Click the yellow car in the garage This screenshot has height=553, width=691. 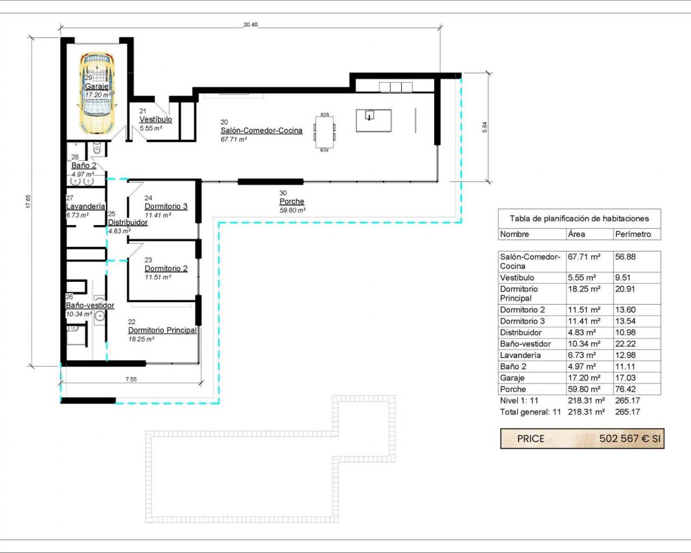coord(97,93)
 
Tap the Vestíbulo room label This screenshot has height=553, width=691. coord(155,119)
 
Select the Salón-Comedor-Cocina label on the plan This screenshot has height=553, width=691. coord(261,131)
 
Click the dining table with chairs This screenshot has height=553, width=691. coord(324,132)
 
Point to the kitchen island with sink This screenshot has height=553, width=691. coord(374,120)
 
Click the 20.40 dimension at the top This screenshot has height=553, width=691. coord(250,25)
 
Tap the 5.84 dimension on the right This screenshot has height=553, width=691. coord(485,127)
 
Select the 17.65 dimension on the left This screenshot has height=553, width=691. coord(28,201)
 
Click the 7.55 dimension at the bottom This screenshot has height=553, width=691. coord(131,379)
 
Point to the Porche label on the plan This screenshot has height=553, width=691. coord(292,201)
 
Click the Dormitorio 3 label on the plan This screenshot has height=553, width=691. coord(166,206)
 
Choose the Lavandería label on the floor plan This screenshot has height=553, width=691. coord(85,206)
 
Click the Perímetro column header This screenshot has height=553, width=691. coord(633,234)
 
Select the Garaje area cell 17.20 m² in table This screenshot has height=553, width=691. coord(584,378)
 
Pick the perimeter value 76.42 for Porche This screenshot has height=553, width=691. coord(625,389)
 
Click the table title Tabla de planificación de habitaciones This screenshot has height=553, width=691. coord(579,219)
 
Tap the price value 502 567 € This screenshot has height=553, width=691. coord(624,439)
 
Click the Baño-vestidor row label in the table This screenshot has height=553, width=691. coord(525,344)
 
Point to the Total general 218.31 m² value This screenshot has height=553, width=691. coord(586,412)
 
